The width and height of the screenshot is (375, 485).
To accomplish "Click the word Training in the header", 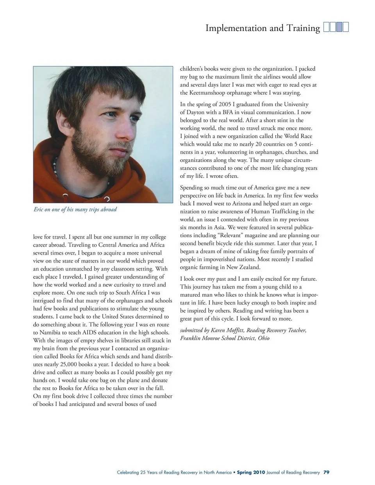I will click(x=303, y=28).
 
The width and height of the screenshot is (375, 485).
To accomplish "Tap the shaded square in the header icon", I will click(x=339, y=27).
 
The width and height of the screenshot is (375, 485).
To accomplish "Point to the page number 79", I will click(x=326, y=472).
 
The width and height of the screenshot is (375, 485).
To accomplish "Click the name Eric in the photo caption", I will click(x=38, y=209).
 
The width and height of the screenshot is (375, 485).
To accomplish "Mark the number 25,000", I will click(x=68, y=364).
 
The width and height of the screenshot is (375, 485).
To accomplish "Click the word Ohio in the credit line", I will click(x=263, y=338).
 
